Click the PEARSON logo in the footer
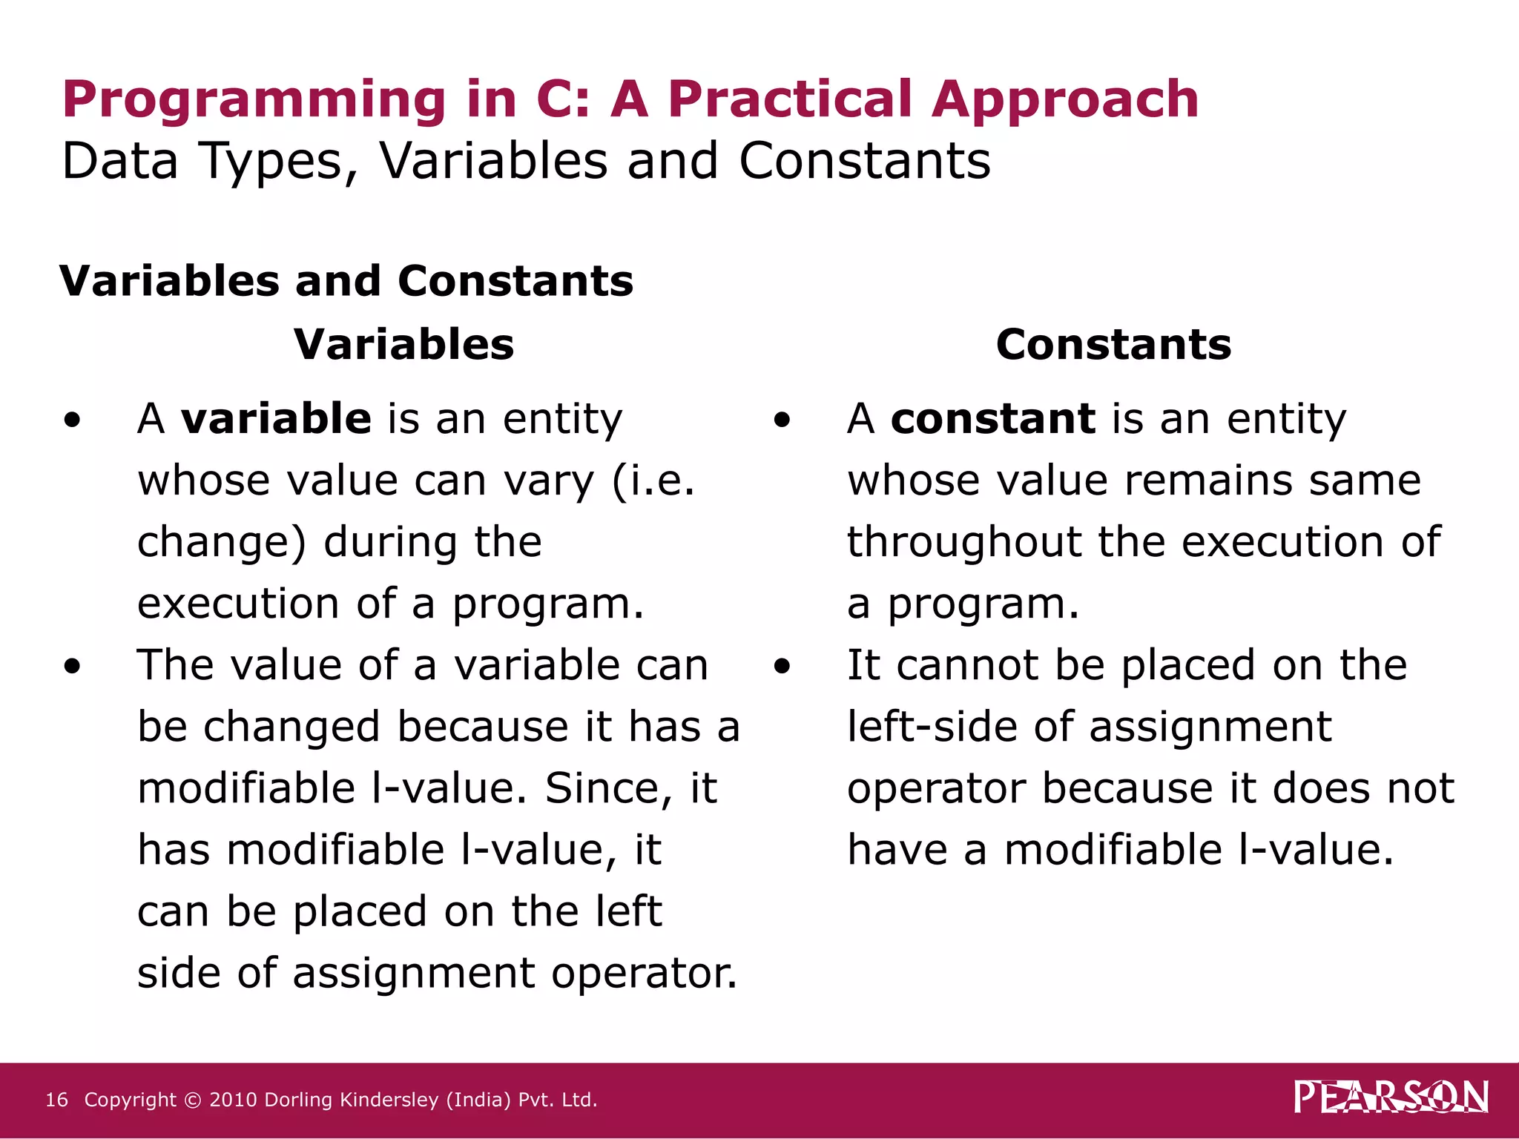point(1391,1097)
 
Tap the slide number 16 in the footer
point(56,1100)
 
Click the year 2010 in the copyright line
point(234,1100)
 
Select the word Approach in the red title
point(1064,100)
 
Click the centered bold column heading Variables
point(403,345)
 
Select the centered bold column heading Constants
point(1113,345)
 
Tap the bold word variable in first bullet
point(276,418)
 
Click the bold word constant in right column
point(992,418)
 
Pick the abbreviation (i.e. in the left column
point(653,481)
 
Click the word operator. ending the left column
point(644,973)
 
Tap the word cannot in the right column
point(967,664)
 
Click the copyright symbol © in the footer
point(192,1100)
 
